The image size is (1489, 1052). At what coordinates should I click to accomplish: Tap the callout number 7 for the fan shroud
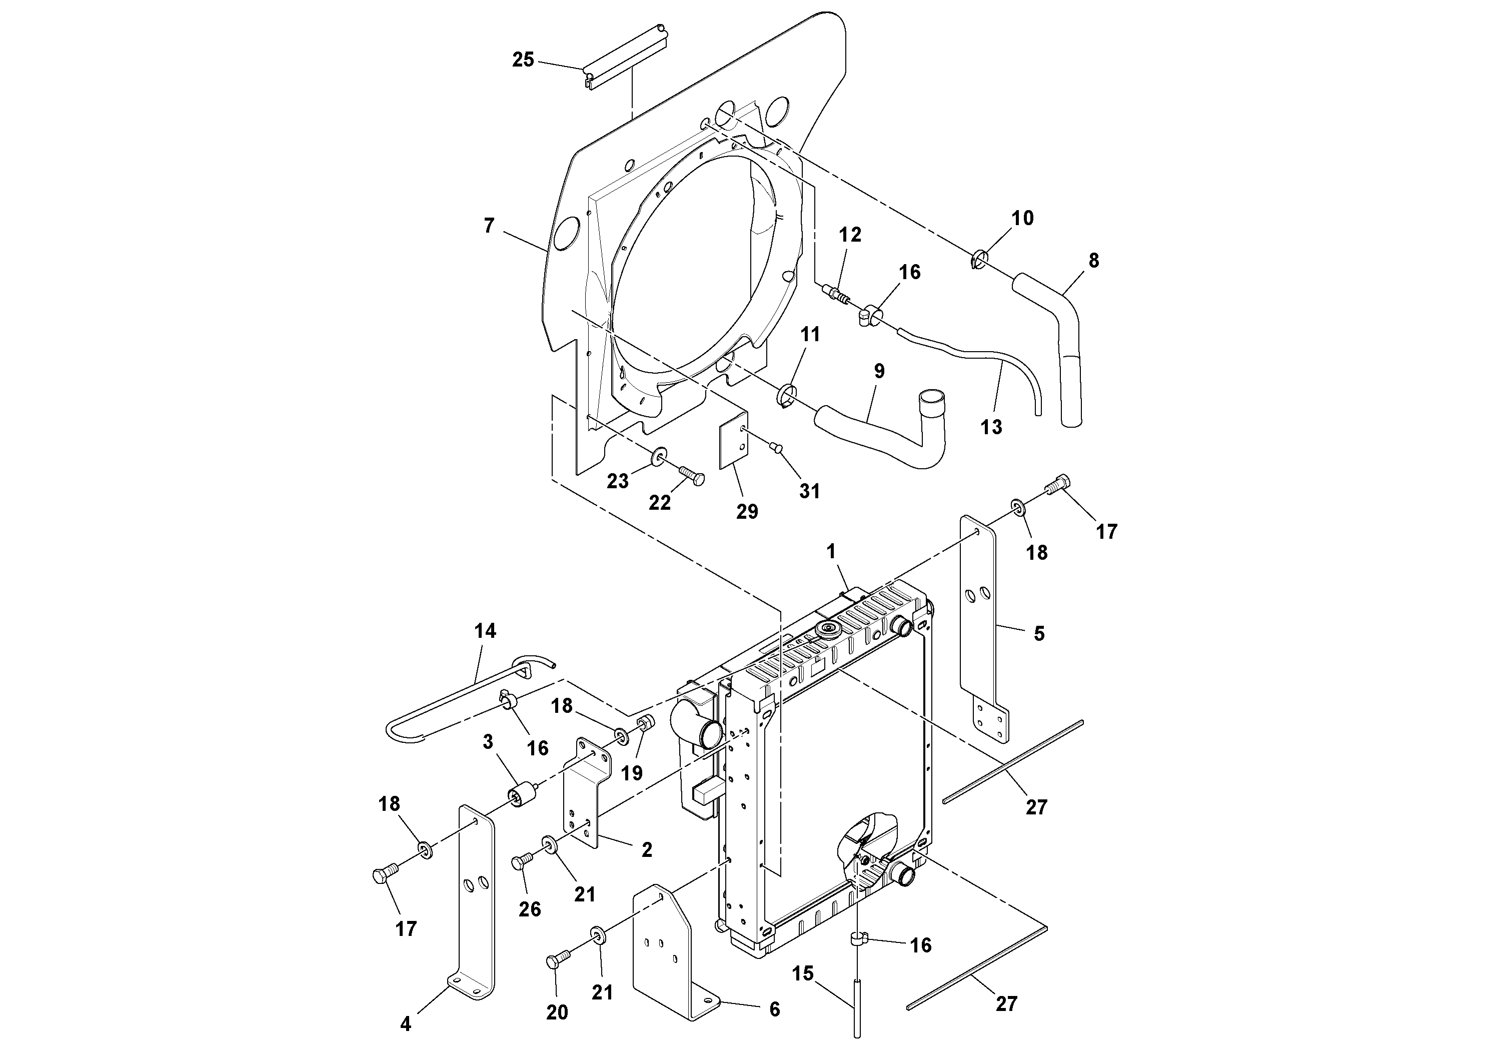pos(489,226)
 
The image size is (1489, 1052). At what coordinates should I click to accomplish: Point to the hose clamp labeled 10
pos(980,259)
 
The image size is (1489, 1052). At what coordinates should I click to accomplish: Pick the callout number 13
pos(991,427)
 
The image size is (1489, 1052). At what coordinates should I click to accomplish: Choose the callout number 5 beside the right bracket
pos(1039,634)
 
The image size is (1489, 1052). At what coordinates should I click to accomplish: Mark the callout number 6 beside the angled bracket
pos(774,1009)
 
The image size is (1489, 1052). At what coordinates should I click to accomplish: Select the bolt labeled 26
pos(521,861)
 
